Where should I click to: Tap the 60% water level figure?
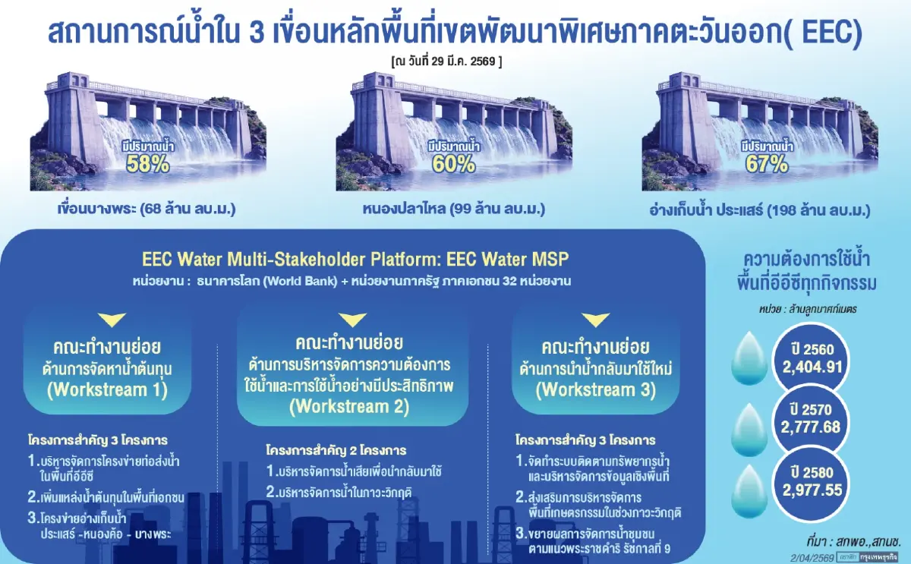[x=454, y=164]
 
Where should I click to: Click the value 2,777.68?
[x=811, y=427]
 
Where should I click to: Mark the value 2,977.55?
[x=811, y=490]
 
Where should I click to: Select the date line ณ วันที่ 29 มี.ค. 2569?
[x=447, y=58]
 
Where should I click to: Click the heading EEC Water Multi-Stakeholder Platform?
[x=355, y=259]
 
